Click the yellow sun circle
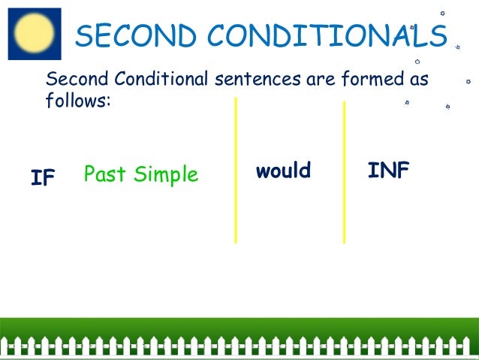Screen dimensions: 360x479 (x=34, y=33)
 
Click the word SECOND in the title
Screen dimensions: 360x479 (x=132, y=35)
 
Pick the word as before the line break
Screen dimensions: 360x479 (x=417, y=79)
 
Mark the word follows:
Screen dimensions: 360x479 (x=78, y=100)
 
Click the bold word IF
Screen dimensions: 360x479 (x=43, y=178)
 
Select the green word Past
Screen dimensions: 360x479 (x=106, y=174)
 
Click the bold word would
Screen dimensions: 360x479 (x=283, y=171)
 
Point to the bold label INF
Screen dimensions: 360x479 (x=388, y=171)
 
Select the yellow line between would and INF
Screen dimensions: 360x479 (x=344, y=172)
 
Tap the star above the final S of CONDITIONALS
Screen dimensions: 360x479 (x=442, y=13)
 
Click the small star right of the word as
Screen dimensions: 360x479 (x=468, y=80)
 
